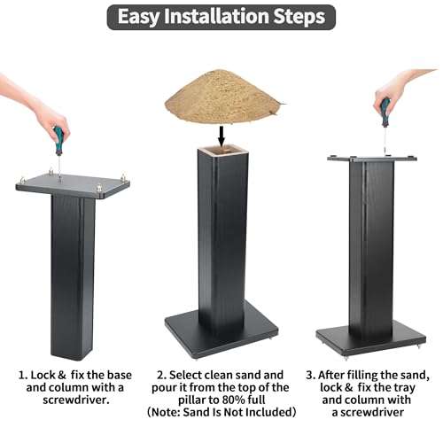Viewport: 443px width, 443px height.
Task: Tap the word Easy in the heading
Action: pyautogui.click(x=138, y=17)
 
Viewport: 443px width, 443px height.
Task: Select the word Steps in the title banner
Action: pyautogui.click(x=299, y=18)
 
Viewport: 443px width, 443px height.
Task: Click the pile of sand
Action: pyautogui.click(x=223, y=97)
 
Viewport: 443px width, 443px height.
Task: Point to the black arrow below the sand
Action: pyautogui.click(x=221, y=135)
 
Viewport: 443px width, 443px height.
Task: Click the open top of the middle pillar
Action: pyautogui.click(x=222, y=152)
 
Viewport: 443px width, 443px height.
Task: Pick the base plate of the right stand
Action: pyautogui.click(x=370, y=340)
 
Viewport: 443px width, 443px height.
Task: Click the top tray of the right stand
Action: pyautogui.click(x=372, y=159)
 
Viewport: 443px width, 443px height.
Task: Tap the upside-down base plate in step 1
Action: pyautogui.click(x=73, y=185)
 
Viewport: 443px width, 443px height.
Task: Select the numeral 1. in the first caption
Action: pyautogui.click(x=23, y=376)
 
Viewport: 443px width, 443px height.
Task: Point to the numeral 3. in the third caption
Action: pyautogui.click(x=311, y=376)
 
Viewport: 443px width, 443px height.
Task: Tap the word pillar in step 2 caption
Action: pyautogui.click(x=192, y=400)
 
